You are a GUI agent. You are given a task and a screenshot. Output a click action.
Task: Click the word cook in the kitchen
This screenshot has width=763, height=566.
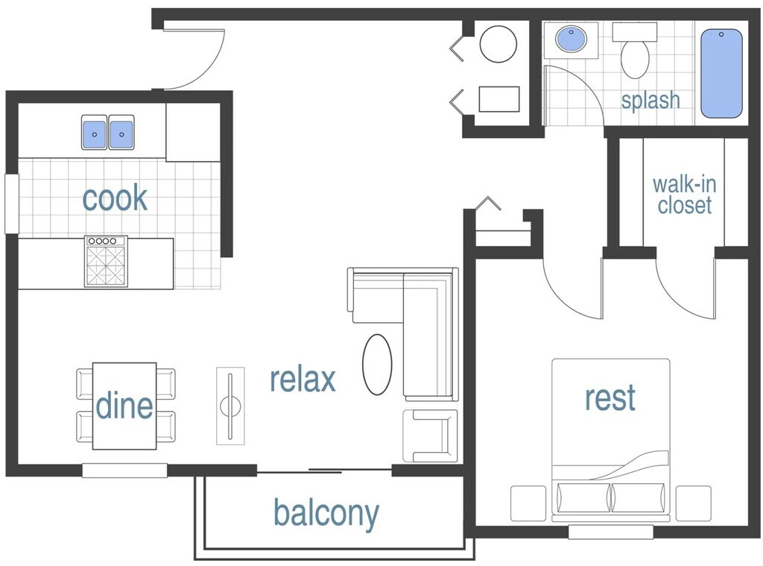(x=115, y=199)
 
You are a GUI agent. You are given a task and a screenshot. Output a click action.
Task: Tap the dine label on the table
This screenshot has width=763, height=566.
(x=124, y=406)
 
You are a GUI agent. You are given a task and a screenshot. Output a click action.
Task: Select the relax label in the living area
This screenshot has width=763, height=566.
(x=303, y=380)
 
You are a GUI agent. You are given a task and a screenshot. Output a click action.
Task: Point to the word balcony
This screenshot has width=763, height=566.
(x=326, y=513)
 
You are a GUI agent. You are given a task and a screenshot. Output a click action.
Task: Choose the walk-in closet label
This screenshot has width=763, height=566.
(x=683, y=195)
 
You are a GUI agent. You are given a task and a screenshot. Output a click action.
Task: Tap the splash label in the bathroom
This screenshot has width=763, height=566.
(x=650, y=100)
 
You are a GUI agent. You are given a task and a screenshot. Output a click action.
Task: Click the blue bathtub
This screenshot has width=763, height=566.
(x=721, y=73)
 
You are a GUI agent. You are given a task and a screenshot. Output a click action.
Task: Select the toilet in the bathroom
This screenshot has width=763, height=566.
(x=635, y=56)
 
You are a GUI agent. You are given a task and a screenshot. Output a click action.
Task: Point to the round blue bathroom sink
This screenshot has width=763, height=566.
(x=572, y=39)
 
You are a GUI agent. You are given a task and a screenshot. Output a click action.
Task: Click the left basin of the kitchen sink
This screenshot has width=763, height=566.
(x=95, y=133)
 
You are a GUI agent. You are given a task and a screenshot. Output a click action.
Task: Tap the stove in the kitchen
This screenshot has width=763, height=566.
(x=106, y=262)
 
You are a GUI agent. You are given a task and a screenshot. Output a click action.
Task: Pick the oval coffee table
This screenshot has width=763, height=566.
(x=377, y=365)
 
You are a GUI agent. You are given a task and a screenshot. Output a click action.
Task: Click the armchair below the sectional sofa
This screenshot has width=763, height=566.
(x=430, y=435)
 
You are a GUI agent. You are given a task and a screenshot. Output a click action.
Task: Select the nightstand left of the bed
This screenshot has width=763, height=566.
(x=528, y=503)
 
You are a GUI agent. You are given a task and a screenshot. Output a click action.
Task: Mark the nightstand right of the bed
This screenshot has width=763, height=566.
(x=693, y=503)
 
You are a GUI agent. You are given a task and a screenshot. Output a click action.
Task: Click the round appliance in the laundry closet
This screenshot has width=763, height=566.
(x=498, y=44)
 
